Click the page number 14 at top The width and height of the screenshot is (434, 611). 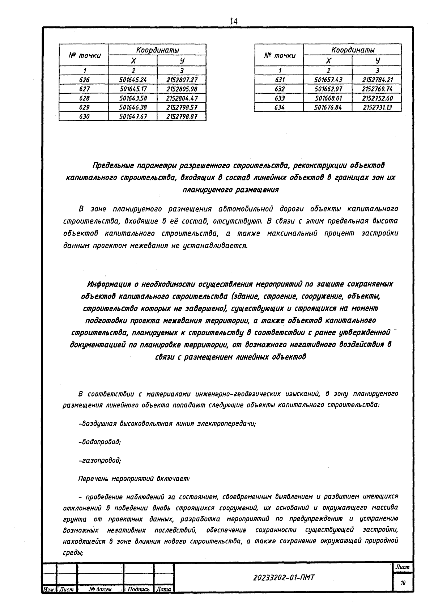[x=233, y=22]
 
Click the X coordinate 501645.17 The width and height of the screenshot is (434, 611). [x=133, y=89]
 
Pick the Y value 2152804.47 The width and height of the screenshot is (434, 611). [x=182, y=98]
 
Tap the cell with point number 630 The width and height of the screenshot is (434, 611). [x=84, y=116]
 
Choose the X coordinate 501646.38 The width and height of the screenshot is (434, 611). [x=133, y=107]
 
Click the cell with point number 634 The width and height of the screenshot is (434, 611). [x=279, y=107]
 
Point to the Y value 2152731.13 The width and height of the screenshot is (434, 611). [x=377, y=107]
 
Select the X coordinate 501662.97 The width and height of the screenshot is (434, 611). [x=328, y=89]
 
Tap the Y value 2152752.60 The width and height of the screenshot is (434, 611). [x=377, y=98]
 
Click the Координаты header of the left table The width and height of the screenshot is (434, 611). [x=157, y=50]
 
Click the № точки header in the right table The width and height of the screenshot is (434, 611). [x=279, y=55]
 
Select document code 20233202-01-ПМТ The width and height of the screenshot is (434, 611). [x=284, y=578]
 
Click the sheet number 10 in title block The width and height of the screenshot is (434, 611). [x=403, y=583]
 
